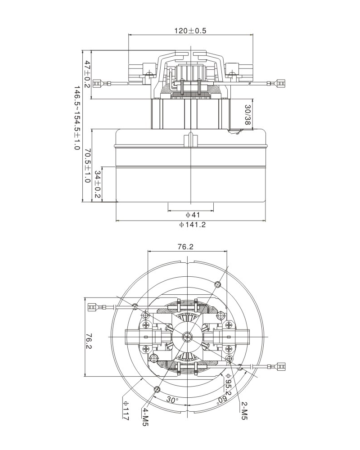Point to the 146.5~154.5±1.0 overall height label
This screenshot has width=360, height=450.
point(76,118)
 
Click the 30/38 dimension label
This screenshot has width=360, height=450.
point(247,115)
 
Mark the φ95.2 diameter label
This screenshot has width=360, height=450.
point(228,386)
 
